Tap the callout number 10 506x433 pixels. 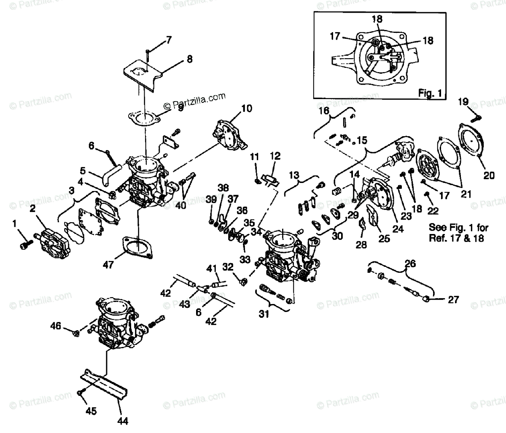[247, 108]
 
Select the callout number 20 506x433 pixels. [489, 176]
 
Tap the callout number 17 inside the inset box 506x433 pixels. [335, 37]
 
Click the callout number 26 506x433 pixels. [409, 264]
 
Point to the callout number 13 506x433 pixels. [294, 175]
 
